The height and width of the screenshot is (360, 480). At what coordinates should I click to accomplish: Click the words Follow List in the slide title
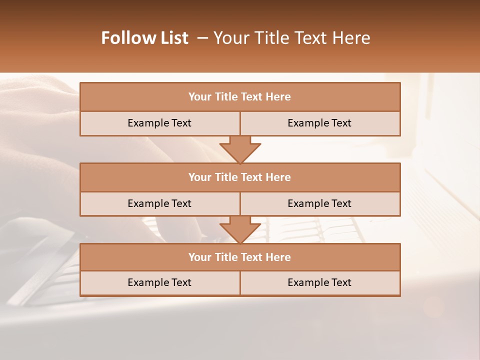pyautogui.click(x=144, y=38)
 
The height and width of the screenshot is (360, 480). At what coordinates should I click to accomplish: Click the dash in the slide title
pyautogui.click(x=202, y=38)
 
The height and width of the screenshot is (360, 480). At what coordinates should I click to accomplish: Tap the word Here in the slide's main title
pyautogui.click(x=353, y=38)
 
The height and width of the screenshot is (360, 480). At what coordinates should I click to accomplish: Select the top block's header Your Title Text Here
pyautogui.click(x=239, y=97)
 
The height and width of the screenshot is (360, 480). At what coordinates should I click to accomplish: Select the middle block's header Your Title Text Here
pyautogui.click(x=239, y=177)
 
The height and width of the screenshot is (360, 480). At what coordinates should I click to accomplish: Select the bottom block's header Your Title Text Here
pyautogui.click(x=239, y=257)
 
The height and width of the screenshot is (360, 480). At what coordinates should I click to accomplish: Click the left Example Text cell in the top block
pyautogui.click(x=159, y=123)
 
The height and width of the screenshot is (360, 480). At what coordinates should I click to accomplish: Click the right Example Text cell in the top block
pyautogui.click(x=319, y=123)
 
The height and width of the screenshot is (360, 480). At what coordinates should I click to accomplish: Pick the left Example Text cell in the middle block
pyautogui.click(x=159, y=203)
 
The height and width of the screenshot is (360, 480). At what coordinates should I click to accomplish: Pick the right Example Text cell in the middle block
pyautogui.click(x=319, y=203)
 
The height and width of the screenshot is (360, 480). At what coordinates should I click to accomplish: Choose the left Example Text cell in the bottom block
pyautogui.click(x=159, y=282)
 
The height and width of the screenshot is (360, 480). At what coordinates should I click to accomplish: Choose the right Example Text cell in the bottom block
pyautogui.click(x=319, y=282)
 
